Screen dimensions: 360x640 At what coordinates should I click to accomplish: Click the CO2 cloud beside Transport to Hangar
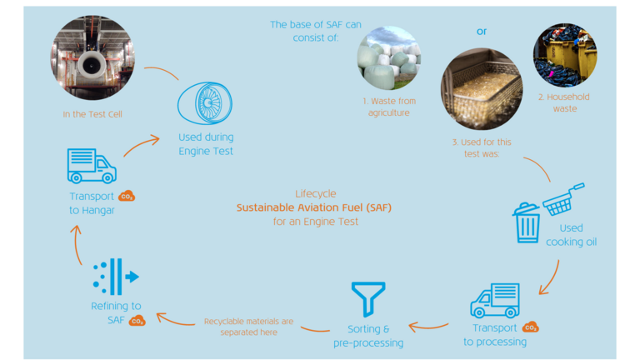click(127, 197)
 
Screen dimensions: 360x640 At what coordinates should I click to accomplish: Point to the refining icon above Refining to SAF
click(116, 276)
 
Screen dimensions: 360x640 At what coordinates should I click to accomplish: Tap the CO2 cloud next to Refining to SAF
click(137, 320)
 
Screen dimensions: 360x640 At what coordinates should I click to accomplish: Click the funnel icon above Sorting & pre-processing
click(367, 299)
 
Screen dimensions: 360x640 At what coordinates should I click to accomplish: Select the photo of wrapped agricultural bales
click(388, 58)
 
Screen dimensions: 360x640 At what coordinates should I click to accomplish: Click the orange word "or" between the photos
click(482, 32)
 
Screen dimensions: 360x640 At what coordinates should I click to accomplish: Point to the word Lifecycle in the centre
click(316, 193)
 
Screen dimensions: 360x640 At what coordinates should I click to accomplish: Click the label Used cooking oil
click(571, 235)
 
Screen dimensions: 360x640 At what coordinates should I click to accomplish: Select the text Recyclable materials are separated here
click(248, 326)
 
